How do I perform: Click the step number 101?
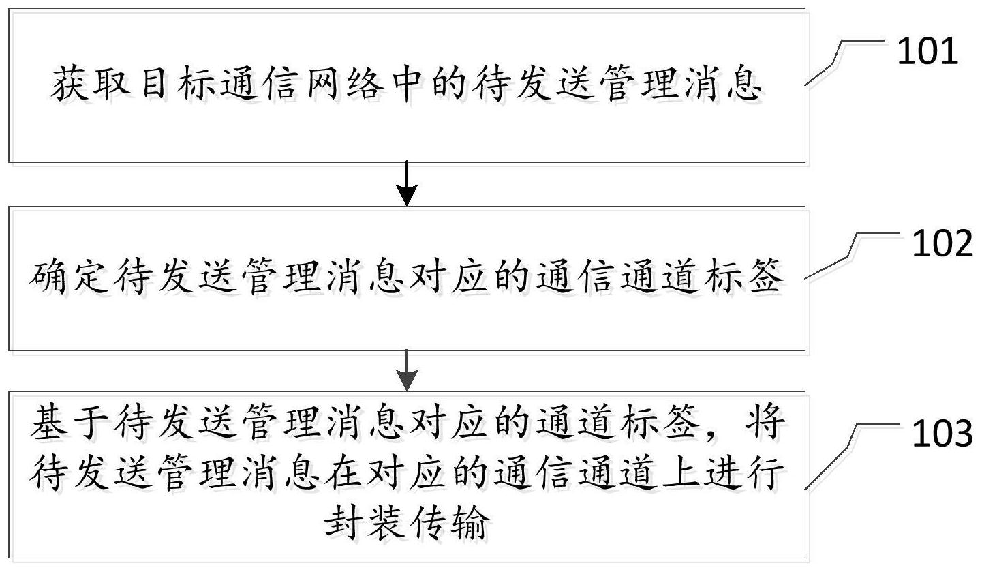[x=927, y=51]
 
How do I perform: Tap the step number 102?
[x=942, y=243]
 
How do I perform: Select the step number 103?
[x=942, y=434]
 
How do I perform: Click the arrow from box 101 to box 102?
[x=407, y=184]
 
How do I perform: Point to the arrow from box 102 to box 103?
[x=407, y=370]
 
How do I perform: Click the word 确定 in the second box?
[x=70, y=277]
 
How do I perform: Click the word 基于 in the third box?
[x=70, y=423]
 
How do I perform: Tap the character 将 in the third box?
[x=765, y=423]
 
